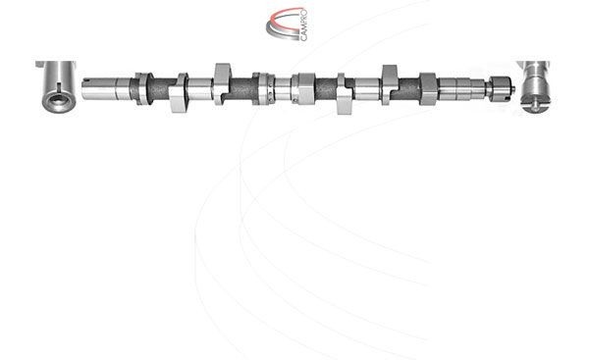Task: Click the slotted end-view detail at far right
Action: (538, 87)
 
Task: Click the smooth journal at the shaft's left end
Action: (106, 87)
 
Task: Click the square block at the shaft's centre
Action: (304, 87)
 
